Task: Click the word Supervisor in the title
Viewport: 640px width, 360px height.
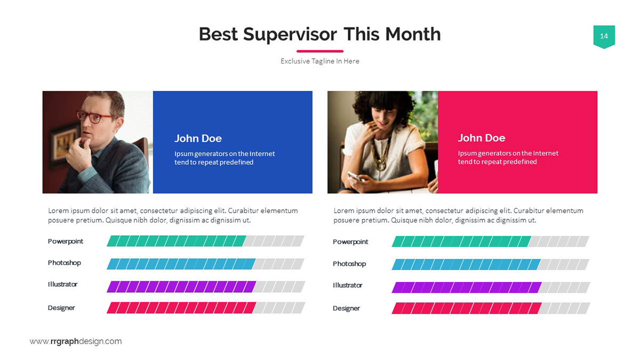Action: point(290,35)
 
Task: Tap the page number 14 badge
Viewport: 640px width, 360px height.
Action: point(604,37)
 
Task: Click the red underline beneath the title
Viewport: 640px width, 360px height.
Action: point(319,51)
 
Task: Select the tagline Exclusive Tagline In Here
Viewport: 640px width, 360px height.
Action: point(319,61)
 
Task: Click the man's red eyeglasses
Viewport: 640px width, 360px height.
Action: point(95,116)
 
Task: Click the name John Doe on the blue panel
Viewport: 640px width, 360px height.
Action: point(198,139)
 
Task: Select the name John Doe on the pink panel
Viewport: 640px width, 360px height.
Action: point(482,138)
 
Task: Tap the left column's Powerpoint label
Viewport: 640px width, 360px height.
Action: point(66,242)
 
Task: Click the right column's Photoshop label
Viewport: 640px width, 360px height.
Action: point(349,263)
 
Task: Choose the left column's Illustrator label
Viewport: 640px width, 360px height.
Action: point(62,284)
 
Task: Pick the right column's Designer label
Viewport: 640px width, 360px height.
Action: point(346,308)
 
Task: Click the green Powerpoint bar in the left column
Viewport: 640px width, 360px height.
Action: point(177,241)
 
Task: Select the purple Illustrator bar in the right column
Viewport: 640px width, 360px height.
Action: point(466,287)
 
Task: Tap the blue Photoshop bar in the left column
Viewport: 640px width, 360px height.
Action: point(181,264)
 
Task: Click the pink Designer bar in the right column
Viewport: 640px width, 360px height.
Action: point(466,308)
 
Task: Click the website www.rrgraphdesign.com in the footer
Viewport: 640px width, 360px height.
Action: point(76,341)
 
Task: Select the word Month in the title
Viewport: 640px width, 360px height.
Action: point(413,34)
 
